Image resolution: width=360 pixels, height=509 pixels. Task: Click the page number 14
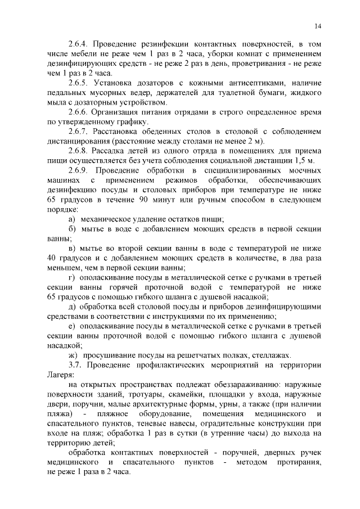(x=318, y=26)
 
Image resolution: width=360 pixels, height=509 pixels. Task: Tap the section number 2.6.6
(x=78, y=112)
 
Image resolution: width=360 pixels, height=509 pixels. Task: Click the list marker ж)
(x=73, y=355)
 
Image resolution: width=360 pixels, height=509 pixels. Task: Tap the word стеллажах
(x=269, y=355)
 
